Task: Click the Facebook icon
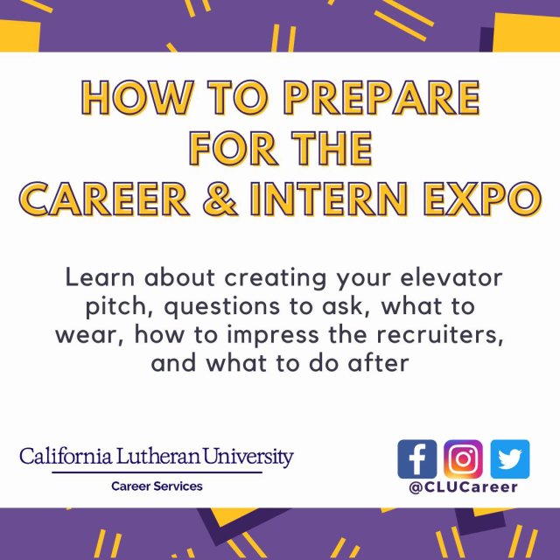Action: (416, 458)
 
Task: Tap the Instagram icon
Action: (463, 458)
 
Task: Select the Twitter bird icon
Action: (510, 458)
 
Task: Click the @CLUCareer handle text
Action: (464, 486)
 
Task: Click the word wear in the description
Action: (86, 335)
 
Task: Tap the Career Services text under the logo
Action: (156, 486)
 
